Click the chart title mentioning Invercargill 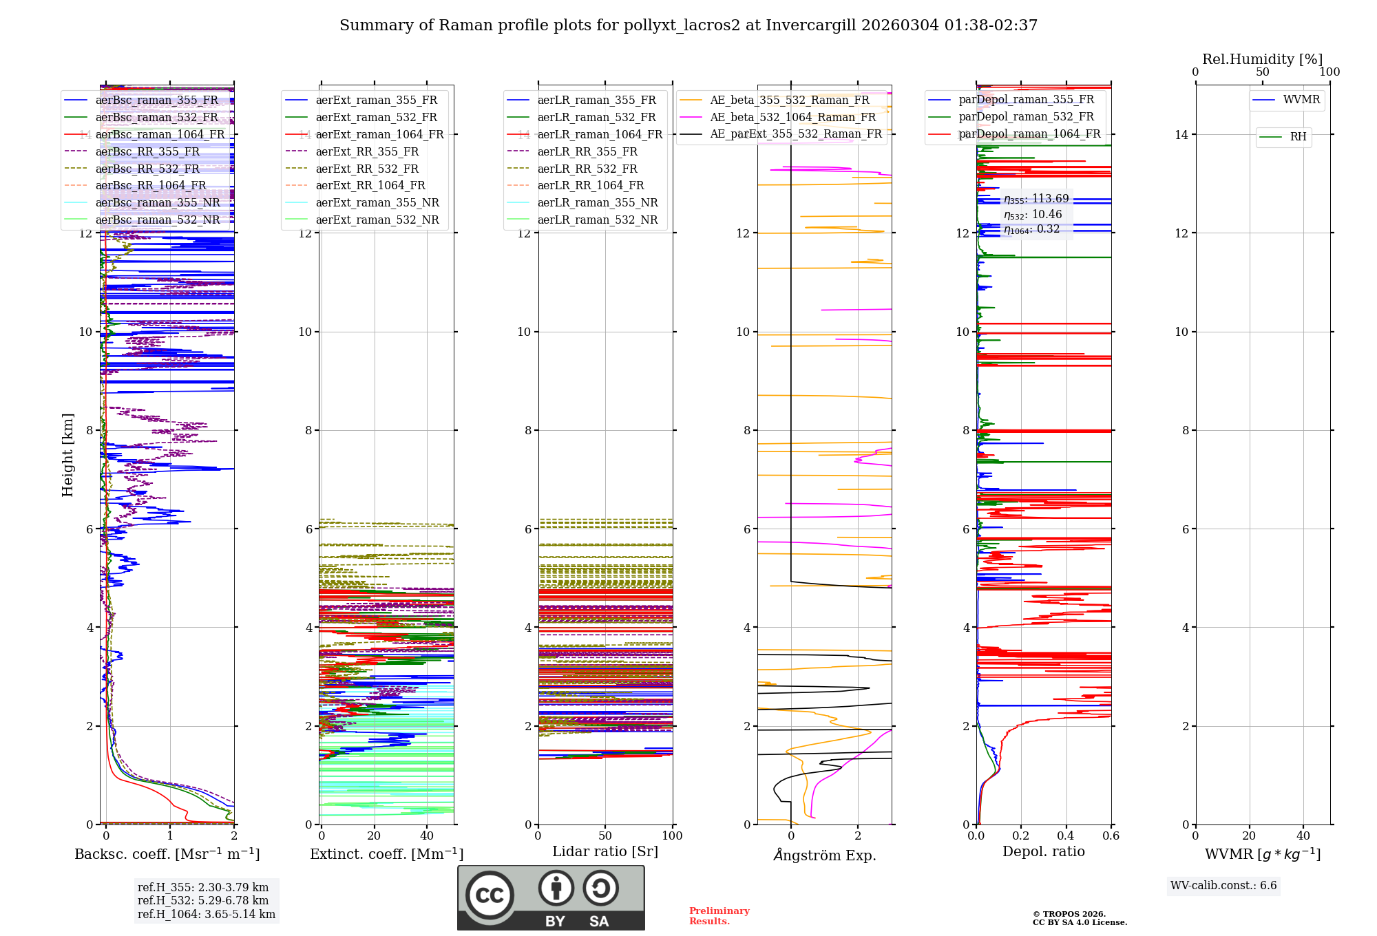tap(688, 25)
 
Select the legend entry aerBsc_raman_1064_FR tap(160, 134)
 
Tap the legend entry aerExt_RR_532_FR tap(367, 169)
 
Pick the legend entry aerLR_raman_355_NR tap(598, 202)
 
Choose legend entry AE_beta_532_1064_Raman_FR tap(792, 117)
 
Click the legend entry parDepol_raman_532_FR tap(1026, 117)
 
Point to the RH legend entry tap(1298, 137)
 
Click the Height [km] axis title tap(67, 454)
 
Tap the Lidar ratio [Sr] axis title tap(605, 851)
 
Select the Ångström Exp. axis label tap(824, 855)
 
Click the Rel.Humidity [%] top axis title tap(1262, 59)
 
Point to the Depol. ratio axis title tap(1043, 851)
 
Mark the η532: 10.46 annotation tap(1033, 215)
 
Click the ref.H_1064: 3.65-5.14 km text tap(206, 914)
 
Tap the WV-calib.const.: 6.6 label tap(1223, 885)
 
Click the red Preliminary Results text tap(719, 915)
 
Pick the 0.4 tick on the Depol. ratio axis tap(1066, 836)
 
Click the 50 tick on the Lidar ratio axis tap(605, 836)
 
